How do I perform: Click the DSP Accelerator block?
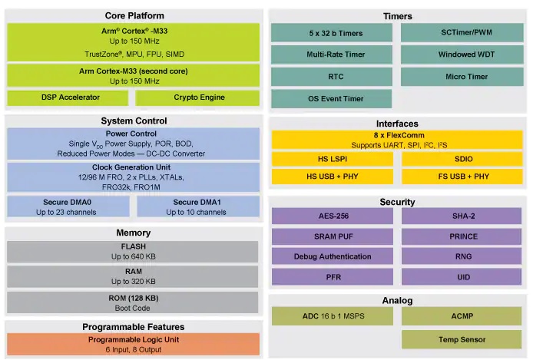tap(68, 97)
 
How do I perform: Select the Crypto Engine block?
tap(197, 97)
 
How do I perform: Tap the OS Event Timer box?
tap(332, 99)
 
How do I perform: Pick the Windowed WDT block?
tap(462, 54)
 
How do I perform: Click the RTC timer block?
tap(332, 77)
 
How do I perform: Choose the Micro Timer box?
tap(462, 77)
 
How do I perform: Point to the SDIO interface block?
tap(462, 159)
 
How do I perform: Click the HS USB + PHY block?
tap(333, 177)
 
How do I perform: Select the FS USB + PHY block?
tap(462, 177)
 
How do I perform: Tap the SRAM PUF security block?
tap(333, 236)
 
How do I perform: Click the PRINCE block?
tap(462, 236)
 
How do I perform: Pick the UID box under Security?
tap(462, 277)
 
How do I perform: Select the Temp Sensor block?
tap(462, 339)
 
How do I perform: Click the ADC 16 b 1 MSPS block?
tap(333, 316)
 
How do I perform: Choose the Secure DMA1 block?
tap(198, 206)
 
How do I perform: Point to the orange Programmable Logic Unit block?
tap(134, 344)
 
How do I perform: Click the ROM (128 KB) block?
tap(133, 302)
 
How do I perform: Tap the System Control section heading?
tap(134, 121)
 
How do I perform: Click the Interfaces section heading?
tap(397, 124)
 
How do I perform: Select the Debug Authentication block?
tap(333, 256)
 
